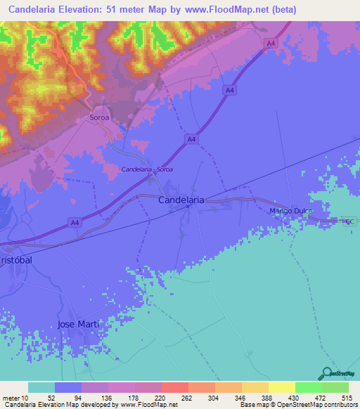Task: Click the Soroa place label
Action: [99, 118]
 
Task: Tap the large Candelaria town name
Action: [181, 200]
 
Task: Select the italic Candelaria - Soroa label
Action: [147, 169]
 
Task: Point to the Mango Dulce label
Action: [290, 211]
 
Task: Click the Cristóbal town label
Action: [15, 259]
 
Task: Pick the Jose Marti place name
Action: [78, 323]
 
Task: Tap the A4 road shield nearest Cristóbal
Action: [74, 223]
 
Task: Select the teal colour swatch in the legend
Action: [41, 388]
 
